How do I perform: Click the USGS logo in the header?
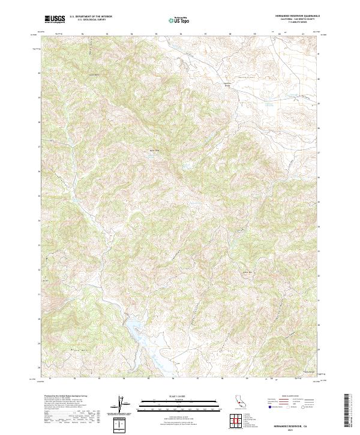(x=53, y=19)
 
